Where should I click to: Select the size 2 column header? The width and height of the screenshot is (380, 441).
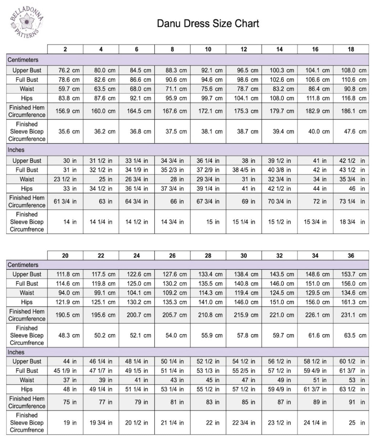tap(65, 49)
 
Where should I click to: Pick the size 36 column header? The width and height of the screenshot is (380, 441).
tap(351, 255)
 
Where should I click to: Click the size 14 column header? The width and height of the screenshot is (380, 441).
tap(279, 49)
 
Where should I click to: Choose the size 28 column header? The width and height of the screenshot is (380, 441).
tap(208, 255)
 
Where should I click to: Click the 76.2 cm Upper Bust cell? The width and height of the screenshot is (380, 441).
tap(65, 70)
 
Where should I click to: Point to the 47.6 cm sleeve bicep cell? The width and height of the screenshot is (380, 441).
tap(351, 131)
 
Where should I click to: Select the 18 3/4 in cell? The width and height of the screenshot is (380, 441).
tap(351, 222)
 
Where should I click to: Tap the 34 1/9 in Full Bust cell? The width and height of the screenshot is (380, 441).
tap(136, 170)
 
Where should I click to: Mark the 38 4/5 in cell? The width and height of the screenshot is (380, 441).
tap(244, 170)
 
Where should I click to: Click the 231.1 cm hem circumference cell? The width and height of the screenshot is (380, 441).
tap(351, 315)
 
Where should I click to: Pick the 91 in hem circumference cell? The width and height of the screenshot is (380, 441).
tap(351, 402)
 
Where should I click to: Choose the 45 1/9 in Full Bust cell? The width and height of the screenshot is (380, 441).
tap(65, 371)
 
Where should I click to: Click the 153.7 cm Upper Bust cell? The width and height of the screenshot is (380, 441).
tap(351, 274)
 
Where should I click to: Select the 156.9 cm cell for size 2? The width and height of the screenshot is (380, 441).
tap(65, 111)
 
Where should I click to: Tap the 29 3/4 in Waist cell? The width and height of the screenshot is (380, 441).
tap(208, 179)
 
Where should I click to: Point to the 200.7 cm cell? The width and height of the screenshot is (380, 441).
tap(136, 315)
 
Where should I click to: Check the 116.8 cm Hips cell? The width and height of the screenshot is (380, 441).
tap(351, 98)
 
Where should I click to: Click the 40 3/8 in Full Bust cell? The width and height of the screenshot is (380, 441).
tap(279, 170)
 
